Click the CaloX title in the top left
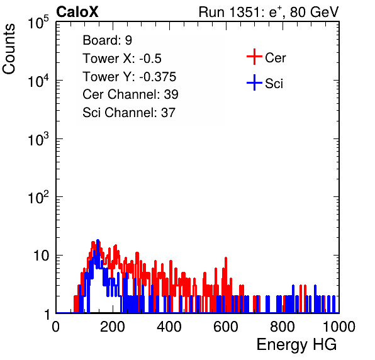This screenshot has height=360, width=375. coord(77,12)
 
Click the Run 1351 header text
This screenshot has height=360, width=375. coord(269,12)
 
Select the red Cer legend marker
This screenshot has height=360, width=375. coord(254,57)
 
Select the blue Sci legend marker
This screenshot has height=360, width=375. coord(254,83)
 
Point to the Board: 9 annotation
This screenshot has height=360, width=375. coord(107,40)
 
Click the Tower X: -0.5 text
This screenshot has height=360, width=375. coord(122,59)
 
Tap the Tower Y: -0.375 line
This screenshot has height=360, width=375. coord(129,77)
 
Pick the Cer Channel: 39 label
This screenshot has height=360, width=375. coord(130,94)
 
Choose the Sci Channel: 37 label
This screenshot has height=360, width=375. coord(129,113)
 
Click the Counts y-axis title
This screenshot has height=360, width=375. coord(9,49)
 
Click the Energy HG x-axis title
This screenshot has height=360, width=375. coord(296,345)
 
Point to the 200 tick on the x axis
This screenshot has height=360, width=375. coord(113,327)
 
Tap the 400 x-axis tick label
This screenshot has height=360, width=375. coord(169,327)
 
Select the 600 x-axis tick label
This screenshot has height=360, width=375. coord(226,327)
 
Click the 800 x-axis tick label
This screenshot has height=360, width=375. coord(283,327)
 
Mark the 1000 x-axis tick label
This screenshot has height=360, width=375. coord(339,327)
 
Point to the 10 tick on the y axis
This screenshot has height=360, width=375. coord(42,256)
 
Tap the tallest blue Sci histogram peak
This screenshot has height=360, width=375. coord(98,241)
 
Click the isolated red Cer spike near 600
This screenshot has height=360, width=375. coord(226,259)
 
